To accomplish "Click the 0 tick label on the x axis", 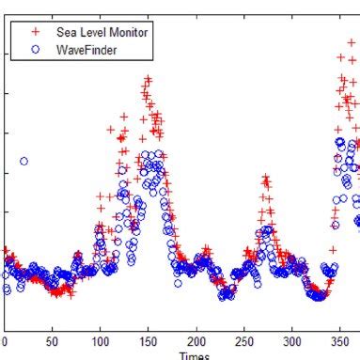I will pos(4,342).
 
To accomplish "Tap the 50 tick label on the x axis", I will pos(52,342).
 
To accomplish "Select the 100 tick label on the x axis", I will pos(100,342).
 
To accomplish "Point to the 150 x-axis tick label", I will pos(148,342).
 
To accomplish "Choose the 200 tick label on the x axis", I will pos(196,342).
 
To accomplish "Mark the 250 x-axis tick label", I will pos(243,342).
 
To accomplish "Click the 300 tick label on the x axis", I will pos(291,342).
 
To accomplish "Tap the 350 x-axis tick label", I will pos(339,342).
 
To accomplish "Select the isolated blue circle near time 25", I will pos(24,161).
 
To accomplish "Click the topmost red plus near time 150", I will pos(148,79).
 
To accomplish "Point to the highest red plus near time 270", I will pos(266,178).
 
